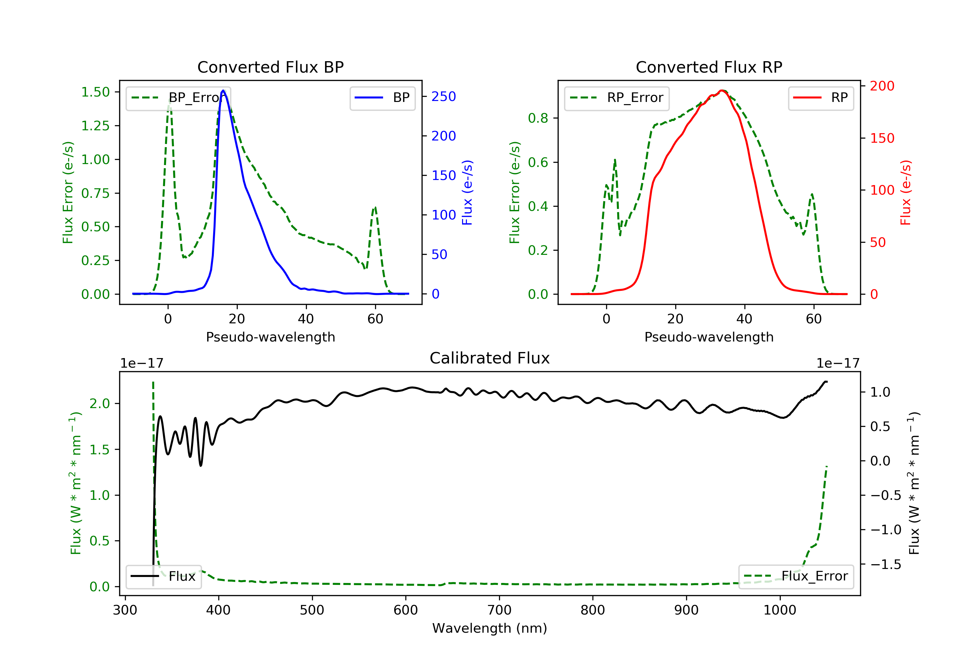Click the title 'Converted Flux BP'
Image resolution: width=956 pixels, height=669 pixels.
[x=271, y=67]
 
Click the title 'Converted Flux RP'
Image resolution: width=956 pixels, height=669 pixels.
[x=709, y=67]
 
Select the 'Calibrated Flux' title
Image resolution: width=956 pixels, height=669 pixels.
[x=490, y=358]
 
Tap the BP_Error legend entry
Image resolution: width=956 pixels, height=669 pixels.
[x=178, y=98]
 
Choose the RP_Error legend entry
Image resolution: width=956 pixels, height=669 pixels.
[x=617, y=98]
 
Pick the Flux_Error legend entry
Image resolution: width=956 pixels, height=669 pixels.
[x=796, y=576]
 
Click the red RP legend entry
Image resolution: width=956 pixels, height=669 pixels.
[x=821, y=98]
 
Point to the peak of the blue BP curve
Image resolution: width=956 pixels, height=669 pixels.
[x=223, y=90]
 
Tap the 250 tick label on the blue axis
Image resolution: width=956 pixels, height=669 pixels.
[x=444, y=97]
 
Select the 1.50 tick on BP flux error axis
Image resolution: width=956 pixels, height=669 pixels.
[x=95, y=92]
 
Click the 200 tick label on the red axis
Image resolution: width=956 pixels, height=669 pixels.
[x=882, y=86]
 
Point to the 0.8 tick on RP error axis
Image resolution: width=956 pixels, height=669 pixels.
[x=538, y=118]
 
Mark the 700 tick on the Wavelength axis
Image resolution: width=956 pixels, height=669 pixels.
[x=499, y=610]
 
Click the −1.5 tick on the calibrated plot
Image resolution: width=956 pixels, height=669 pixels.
[x=886, y=565]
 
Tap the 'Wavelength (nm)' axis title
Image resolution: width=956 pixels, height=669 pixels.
[x=490, y=628]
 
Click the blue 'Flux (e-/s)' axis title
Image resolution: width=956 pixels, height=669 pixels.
[x=467, y=193]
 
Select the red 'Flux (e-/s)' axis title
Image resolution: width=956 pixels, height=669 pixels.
[x=906, y=193]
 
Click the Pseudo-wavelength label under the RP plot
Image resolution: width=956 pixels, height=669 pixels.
[x=709, y=337]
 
